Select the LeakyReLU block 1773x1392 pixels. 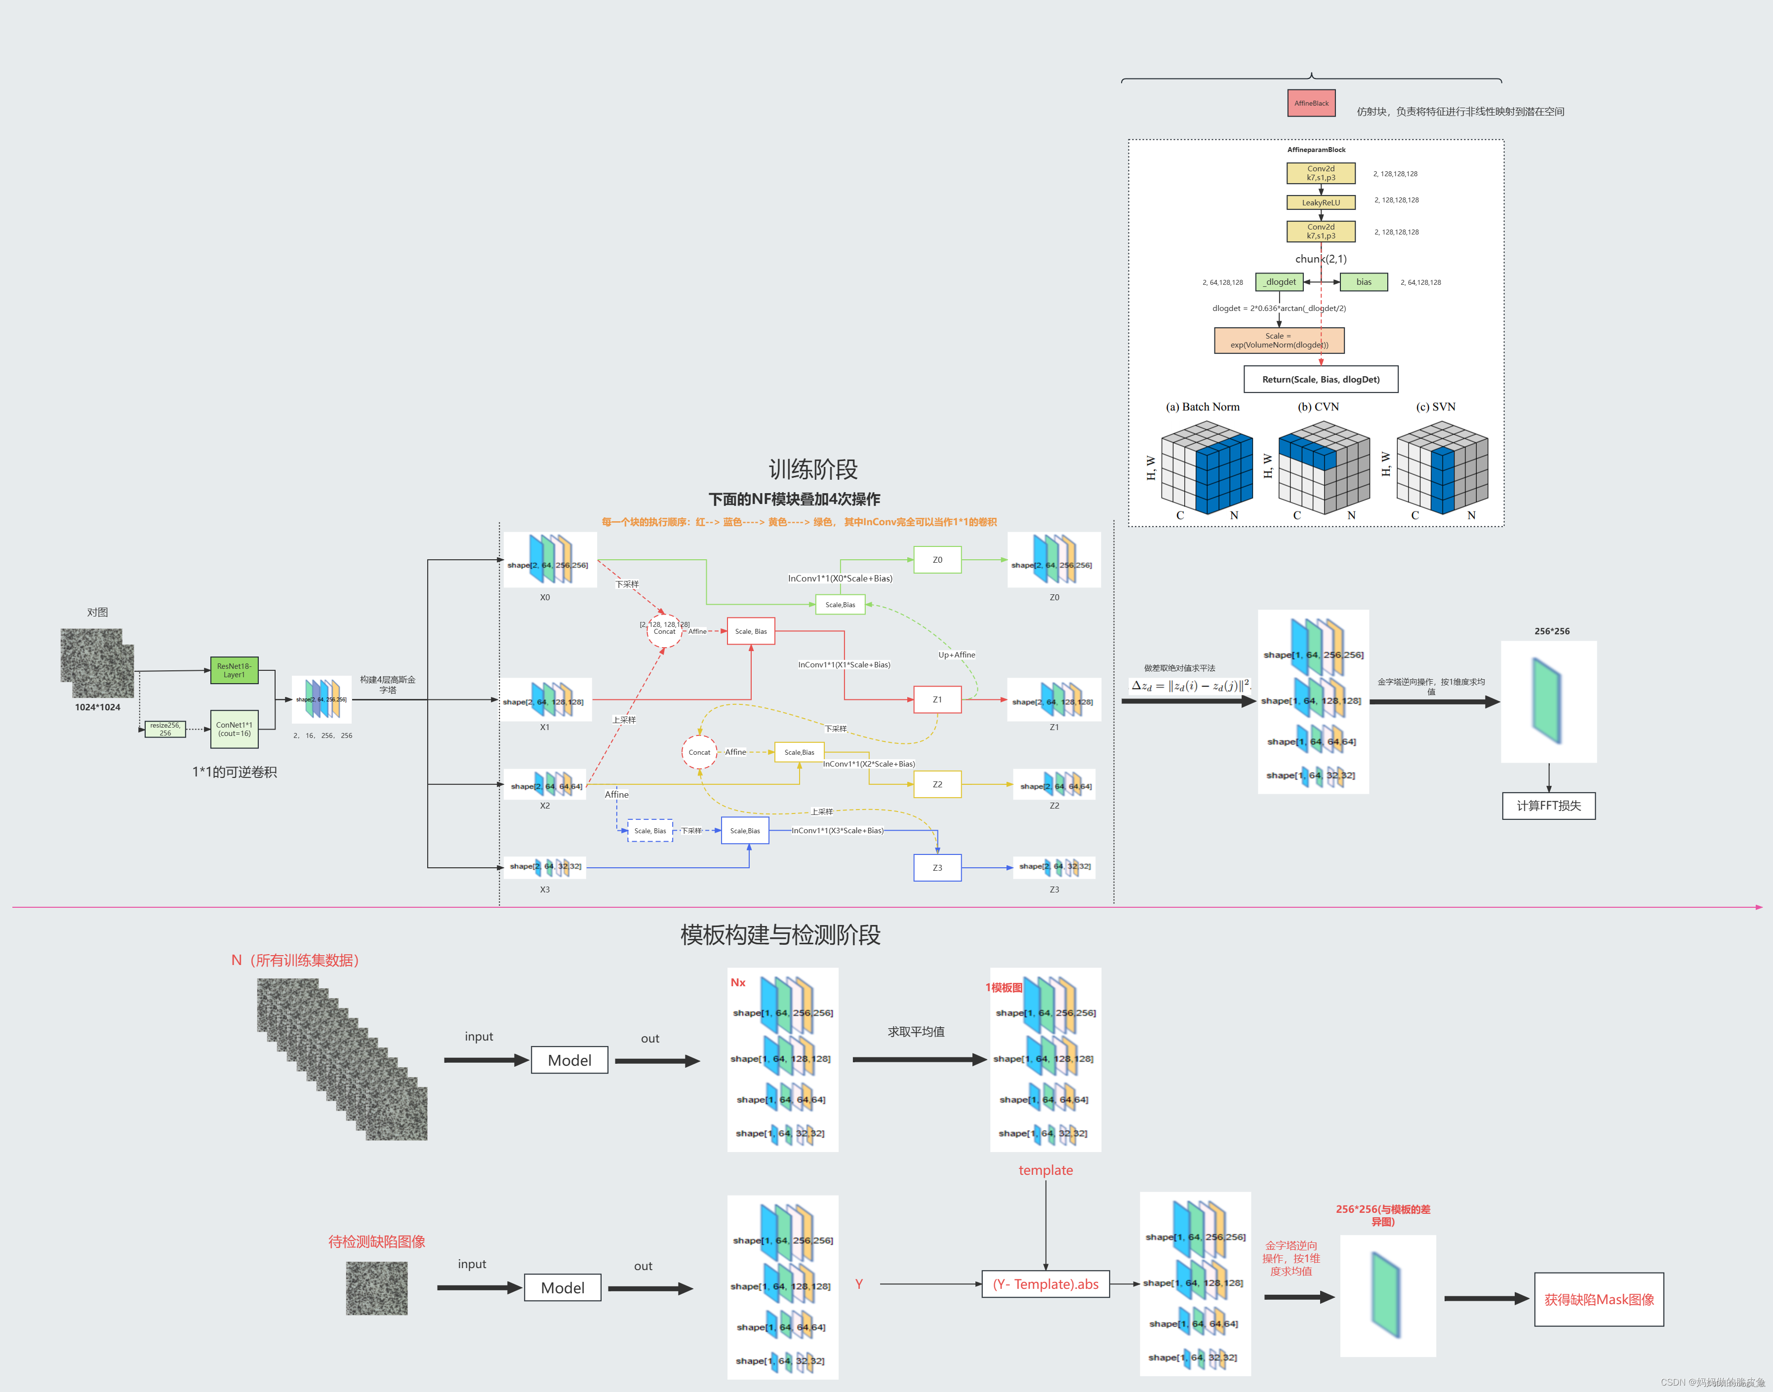pyautogui.click(x=1321, y=202)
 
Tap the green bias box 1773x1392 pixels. pyautogui.click(x=1364, y=282)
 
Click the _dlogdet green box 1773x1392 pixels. pyautogui.click(x=1279, y=282)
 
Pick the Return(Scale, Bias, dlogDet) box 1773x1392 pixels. pyautogui.click(x=1321, y=379)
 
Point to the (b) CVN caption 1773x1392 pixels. pyautogui.click(x=1318, y=407)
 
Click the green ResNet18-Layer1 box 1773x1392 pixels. pyautogui.click(x=234, y=670)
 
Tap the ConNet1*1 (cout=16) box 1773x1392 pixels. pyautogui.click(x=234, y=729)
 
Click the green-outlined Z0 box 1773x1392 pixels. pyautogui.click(x=937, y=560)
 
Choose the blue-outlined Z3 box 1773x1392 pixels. pyautogui.click(x=937, y=868)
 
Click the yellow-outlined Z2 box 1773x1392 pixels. pyautogui.click(x=937, y=784)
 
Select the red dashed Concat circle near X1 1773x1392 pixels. pyautogui.click(x=664, y=630)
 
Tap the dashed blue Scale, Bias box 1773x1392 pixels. pyautogui.click(x=650, y=830)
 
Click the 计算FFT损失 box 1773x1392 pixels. pyautogui.click(x=1548, y=805)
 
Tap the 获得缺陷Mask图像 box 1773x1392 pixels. pyautogui.click(x=1599, y=1299)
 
